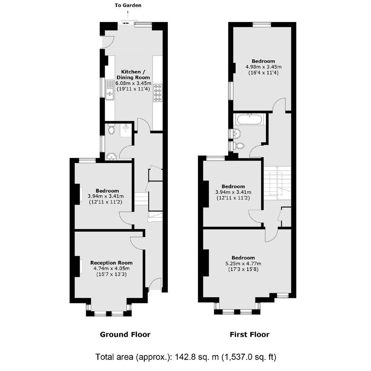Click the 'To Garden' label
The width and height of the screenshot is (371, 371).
pyautogui.click(x=128, y=5)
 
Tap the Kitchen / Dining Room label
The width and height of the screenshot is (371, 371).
pyautogui.click(x=133, y=75)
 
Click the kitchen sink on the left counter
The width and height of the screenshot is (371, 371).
pyautogui.click(x=110, y=90)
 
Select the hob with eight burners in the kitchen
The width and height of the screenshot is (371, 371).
pyautogui.click(x=157, y=93)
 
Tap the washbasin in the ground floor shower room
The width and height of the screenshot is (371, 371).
pyautogui.click(x=111, y=157)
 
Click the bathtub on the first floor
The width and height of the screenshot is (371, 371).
pyautogui.click(x=249, y=119)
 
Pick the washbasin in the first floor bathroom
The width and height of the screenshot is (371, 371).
pyautogui.click(x=237, y=133)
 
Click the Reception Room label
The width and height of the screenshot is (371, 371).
pyautogui.click(x=111, y=262)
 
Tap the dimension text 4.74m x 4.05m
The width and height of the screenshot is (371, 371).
pyautogui.click(x=111, y=268)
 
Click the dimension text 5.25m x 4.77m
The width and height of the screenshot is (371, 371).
pyautogui.click(x=243, y=264)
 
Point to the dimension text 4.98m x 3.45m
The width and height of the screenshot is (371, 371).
pyautogui.click(x=264, y=67)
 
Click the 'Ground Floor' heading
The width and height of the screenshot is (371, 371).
pyautogui.click(x=125, y=334)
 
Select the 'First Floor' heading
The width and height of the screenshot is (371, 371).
pyautogui.click(x=249, y=334)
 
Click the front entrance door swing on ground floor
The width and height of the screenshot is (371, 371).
pyautogui.click(x=156, y=284)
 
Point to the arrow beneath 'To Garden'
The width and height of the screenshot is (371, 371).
pyautogui.click(x=128, y=14)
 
